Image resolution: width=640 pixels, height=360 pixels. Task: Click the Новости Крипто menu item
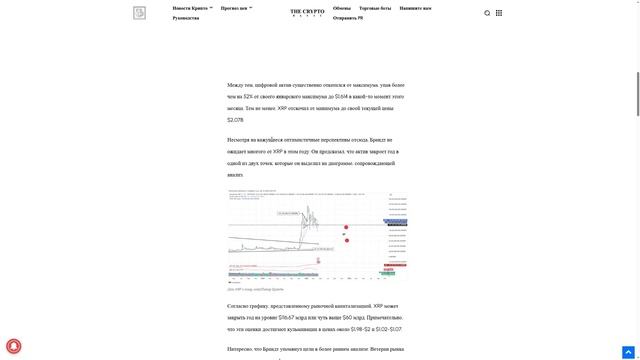[190, 8]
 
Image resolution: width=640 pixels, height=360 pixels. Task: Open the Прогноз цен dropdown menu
[236, 8]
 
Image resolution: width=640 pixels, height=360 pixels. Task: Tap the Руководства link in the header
[185, 18]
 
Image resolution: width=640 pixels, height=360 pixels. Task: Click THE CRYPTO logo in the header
[307, 13]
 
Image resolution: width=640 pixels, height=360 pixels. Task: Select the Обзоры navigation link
[342, 8]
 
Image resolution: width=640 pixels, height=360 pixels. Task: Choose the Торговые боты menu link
[375, 8]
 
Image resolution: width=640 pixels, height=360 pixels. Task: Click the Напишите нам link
[415, 8]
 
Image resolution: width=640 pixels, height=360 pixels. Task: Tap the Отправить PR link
[348, 18]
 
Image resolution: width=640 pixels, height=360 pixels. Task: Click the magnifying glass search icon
[487, 13]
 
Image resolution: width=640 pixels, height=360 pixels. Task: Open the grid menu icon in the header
[499, 13]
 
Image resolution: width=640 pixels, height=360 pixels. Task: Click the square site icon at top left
[139, 13]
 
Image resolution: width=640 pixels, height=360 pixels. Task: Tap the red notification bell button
[14, 346]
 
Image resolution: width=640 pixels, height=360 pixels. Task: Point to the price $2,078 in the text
[235, 119]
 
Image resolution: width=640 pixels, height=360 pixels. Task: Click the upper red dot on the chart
[346, 227]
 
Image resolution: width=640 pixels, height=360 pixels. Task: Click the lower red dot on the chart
[346, 240]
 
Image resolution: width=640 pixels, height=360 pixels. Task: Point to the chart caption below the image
[255, 289]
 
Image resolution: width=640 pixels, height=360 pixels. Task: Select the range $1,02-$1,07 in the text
[387, 328]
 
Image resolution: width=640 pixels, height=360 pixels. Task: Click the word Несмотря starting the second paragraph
[240, 140]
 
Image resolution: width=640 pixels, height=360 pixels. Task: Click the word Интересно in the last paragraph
[241, 349]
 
